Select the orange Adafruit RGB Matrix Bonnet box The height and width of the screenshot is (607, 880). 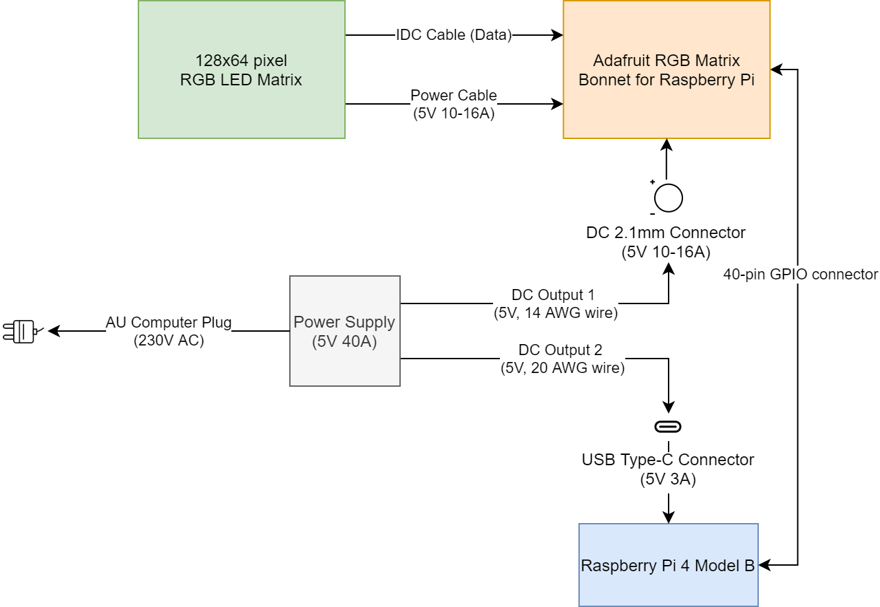tap(666, 70)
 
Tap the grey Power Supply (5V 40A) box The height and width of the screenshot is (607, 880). tap(344, 331)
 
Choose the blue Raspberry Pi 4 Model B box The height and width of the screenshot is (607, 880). tap(668, 565)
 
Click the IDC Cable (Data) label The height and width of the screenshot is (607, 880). tap(454, 35)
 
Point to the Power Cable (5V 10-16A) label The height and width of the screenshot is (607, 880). tap(454, 105)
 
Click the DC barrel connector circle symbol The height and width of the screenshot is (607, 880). tap(668, 198)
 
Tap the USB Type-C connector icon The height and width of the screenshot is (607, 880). tap(668, 427)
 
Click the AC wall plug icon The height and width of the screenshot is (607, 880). tap(21, 331)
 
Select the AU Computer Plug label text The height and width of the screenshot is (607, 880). tap(169, 323)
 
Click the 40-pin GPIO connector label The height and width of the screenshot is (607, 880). tap(800, 275)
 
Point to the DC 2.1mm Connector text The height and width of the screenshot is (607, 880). tap(665, 233)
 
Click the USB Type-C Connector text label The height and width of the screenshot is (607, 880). tap(667, 460)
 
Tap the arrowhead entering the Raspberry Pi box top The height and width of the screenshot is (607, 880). tap(668, 518)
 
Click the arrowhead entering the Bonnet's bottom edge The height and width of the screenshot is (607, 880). tap(667, 144)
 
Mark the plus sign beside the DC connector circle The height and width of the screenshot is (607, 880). tap(652, 182)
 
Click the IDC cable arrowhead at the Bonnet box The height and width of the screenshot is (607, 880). tap(558, 35)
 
